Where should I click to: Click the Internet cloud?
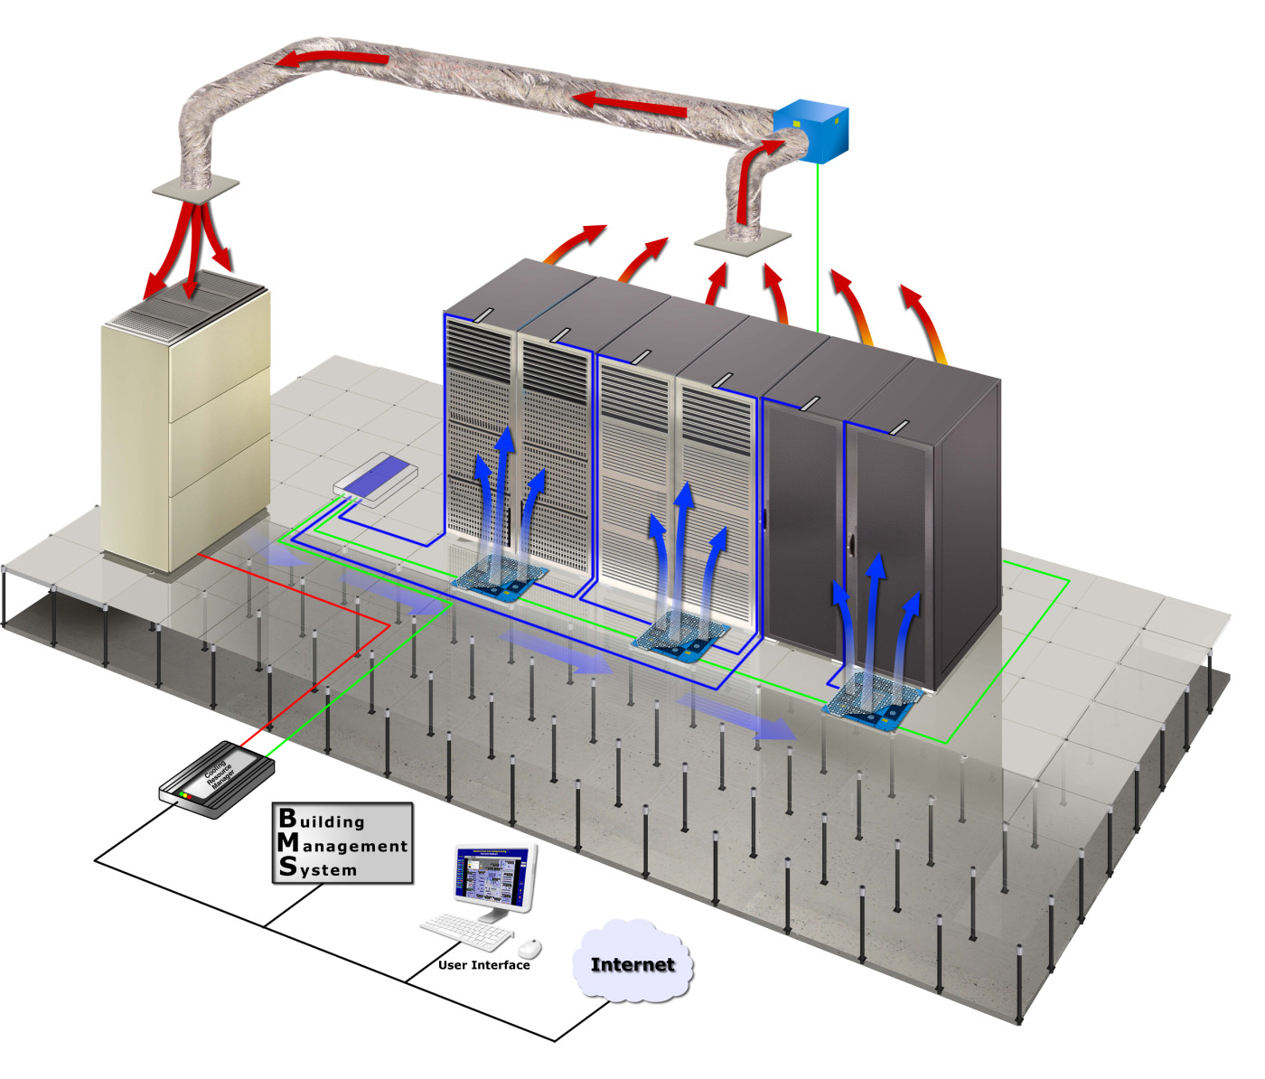coord(632,963)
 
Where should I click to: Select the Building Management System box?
coord(342,843)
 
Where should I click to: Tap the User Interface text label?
coord(484,965)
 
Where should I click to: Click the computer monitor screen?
coord(492,876)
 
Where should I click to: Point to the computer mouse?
coord(529,949)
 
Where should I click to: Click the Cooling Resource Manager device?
coord(217,780)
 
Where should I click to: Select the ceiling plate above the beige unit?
coord(196,186)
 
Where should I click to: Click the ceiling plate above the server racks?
coord(744,240)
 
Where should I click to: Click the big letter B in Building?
coord(287,818)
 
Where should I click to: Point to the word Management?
coord(354,847)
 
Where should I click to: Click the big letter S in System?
coord(287,867)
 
